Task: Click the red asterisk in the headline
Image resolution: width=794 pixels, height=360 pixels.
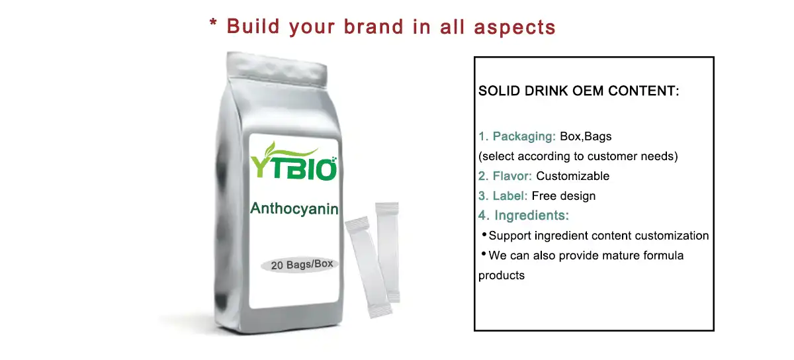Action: pos(214,25)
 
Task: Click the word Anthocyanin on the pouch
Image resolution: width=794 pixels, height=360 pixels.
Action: pos(294,209)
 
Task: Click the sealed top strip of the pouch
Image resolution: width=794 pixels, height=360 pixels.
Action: pos(278,65)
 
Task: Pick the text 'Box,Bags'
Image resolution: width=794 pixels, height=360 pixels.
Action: pos(586,137)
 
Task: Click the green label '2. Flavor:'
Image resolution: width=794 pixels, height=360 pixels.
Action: pos(506,176)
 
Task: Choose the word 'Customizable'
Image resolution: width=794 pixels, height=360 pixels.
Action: pos(573,176)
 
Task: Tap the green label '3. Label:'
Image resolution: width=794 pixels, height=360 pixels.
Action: pos(503,196)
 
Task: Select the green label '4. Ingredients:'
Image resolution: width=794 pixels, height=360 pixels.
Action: pos(524,216)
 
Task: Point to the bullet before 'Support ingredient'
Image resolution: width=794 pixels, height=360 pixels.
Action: pos(484,235)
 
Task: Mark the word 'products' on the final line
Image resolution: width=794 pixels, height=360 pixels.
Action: pos(502,275)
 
